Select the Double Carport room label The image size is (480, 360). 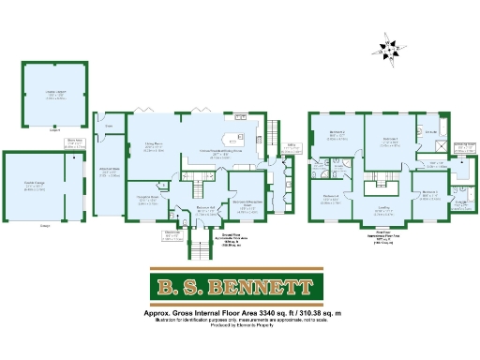(55, 93)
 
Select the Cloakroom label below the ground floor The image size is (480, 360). (172, 234)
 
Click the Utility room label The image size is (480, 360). (292, 145)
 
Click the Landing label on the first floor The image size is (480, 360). (384, 209)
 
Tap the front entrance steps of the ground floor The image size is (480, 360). (199, 249)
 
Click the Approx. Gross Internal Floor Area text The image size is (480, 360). (241, 311)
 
